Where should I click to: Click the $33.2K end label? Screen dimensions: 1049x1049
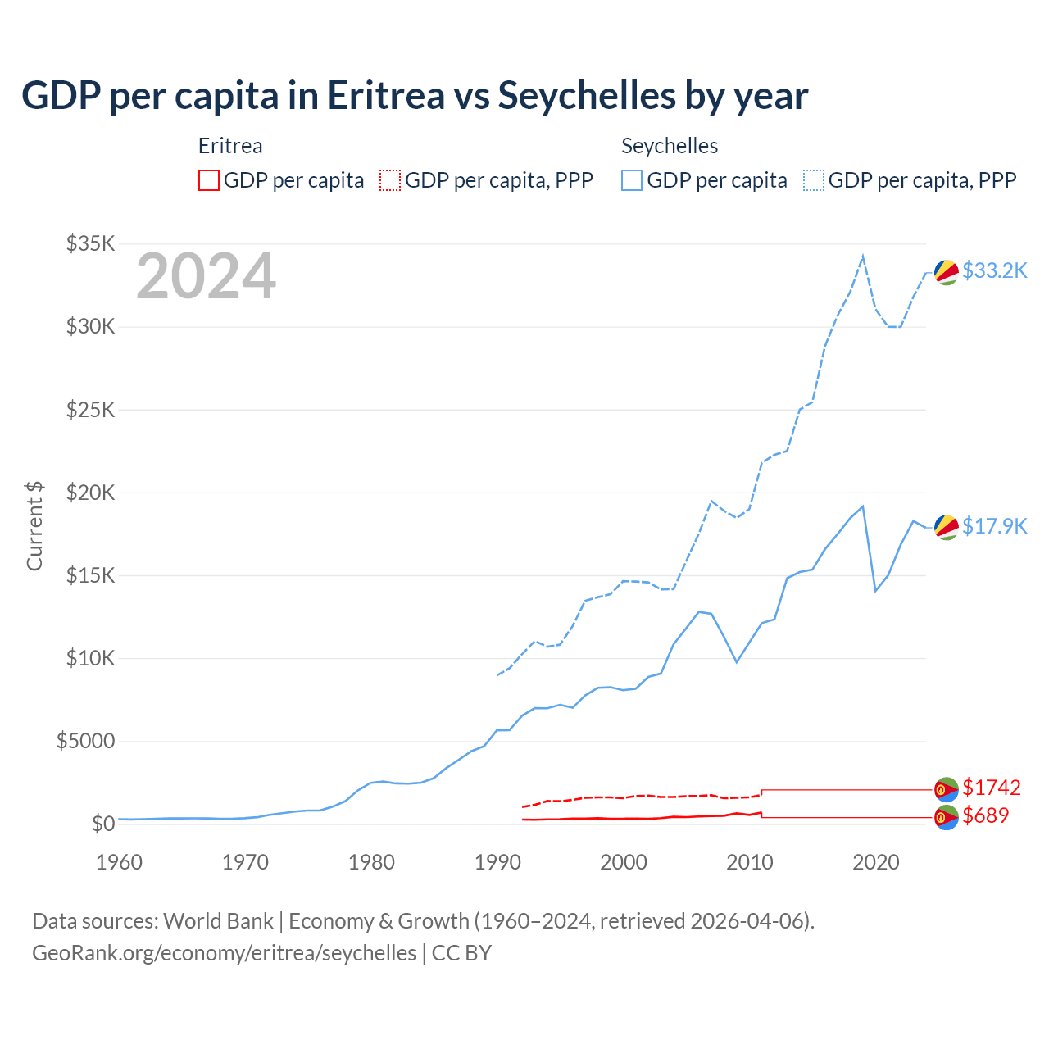click(994, 270)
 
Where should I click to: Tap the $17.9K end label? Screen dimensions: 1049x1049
click(994, 526)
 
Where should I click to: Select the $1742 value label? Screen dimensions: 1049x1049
click(991, 788)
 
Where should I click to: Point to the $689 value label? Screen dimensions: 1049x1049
click(985, 815)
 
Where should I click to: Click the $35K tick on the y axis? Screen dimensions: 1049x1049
click(91, 243)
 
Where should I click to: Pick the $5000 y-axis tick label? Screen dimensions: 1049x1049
click(85, 741)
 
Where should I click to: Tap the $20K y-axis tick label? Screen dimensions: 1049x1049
click(91, 493)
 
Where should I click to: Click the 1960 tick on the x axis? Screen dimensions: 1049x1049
click(120, 862)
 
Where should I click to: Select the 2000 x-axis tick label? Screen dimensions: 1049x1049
click(624, 862)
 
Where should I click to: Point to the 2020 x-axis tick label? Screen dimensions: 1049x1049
click(876, 862)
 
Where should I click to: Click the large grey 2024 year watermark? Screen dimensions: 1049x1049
click(206, 277)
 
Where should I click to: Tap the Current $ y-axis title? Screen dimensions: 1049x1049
click(34, 525)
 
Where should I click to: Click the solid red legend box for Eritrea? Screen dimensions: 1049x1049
click(209, 180)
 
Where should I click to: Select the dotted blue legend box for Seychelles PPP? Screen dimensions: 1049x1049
click(814, 180)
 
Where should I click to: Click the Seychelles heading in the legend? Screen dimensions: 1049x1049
click(670, 146)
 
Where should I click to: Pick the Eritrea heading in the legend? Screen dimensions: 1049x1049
click(230, 146)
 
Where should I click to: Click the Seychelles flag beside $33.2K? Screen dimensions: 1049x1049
click(947, 272)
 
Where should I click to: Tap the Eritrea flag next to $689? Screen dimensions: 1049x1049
click(947, 817)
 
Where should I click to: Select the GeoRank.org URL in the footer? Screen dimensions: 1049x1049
click(224, 953)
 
